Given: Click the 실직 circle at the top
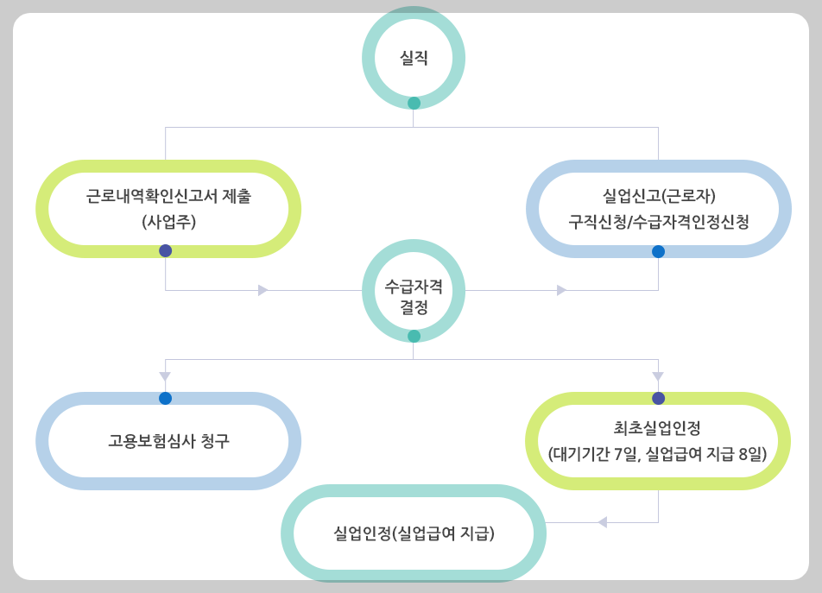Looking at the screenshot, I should [x=414, y=58].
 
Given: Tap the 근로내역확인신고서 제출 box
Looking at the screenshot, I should [x=168, y=209].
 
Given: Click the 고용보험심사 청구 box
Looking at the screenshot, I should [x=168, y=441].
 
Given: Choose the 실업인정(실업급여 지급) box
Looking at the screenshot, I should [x=414, y=533].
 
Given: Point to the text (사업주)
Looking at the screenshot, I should [x=169, y=221].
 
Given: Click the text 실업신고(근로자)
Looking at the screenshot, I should [x=659, y=196].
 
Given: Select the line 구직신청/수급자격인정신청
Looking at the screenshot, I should [x=659, y=221].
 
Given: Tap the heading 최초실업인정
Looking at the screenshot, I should [x=658, y=427].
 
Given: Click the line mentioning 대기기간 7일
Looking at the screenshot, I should [x=658, y=452].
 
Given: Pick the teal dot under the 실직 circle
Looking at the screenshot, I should [x=414, y=103].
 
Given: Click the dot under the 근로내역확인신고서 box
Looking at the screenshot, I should [x=165, y=250].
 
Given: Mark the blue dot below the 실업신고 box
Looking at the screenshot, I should [x=658, y=251].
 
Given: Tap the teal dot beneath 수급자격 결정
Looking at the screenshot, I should [x=414, y=336].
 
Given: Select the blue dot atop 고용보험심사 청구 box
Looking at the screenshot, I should [x=165, y=398].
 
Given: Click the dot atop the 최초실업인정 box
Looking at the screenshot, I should [x=658, y=398].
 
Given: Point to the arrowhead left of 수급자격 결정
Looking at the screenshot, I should [x=262, y=290].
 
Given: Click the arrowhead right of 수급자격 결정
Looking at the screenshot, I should [x=561, y=290].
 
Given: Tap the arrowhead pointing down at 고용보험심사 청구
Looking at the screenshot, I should [x=165, y=376].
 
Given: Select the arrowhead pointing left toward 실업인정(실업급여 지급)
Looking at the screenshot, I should [x=603, y=522].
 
